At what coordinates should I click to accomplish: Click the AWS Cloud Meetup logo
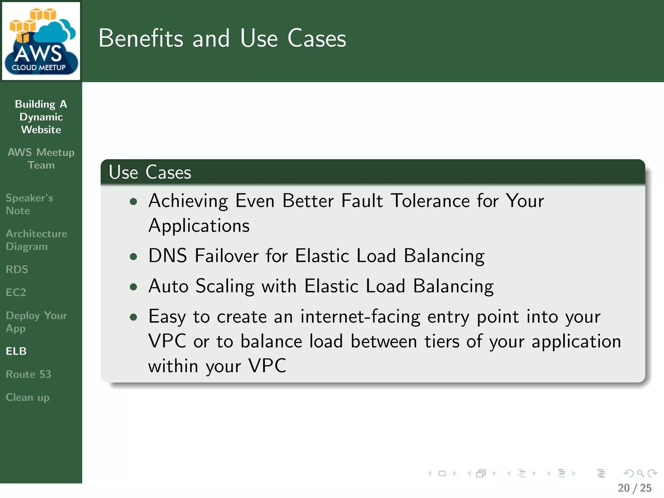click(x=41, y=41)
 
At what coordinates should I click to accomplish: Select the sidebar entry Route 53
click(x=29, y=374)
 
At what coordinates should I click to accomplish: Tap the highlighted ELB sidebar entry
click(x=16, y=351)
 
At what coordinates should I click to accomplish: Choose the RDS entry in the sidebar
click(x=17, y=269)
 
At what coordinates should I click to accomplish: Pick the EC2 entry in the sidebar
click(x=16, y=292)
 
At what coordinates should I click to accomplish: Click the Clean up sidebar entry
click(x=28, y=397)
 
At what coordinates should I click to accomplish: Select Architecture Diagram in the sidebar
click(x=36, y=240)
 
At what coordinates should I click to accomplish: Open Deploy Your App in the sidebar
click(x=36, y=322)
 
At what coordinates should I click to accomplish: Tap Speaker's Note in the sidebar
click(x=29, y=204)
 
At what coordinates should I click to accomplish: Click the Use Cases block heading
click(x=150, y=172)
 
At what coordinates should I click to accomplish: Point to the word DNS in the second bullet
click(x=168, y=256)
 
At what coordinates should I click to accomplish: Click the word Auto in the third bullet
click(x=168, y=286)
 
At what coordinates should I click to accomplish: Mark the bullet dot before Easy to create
click(x=133, y=317)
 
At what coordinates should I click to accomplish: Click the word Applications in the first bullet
click(x=199, y=226)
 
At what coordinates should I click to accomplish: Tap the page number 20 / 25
click(x=634, y=488)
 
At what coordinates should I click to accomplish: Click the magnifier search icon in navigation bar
click(x=640, y=474)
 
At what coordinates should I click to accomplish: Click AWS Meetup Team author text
click(x=41, y=159)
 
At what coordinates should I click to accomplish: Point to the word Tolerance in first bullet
click(x=430, y=201)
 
